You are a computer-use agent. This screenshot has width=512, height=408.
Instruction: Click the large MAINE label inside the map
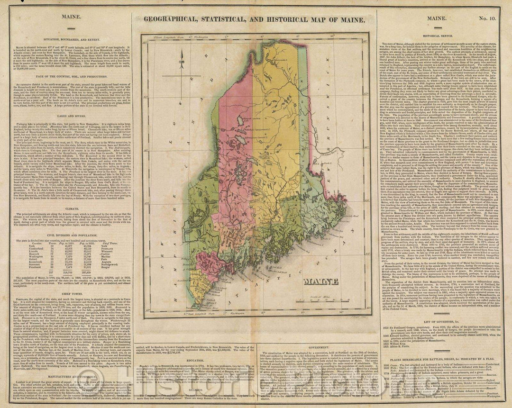321,281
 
